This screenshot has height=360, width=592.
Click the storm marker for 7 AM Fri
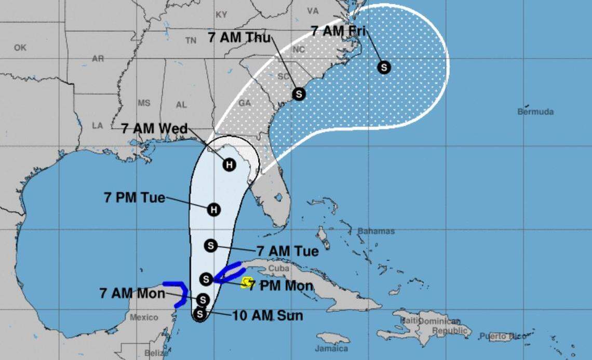click(x=384, y=67)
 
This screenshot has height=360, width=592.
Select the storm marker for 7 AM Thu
click(x=299, y=94)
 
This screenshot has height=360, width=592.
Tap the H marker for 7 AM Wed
click(x=228, y=165)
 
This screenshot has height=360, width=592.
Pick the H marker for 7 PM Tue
click(x=213, y=210)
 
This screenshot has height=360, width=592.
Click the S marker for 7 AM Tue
click(x=210, y=246)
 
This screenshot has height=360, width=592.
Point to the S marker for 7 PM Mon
click(x=206, y=279)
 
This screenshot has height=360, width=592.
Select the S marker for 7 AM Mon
click(x=203, y=300)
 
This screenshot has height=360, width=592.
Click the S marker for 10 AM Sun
click(x=199, y=313)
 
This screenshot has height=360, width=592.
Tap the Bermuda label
click(x=535, y=112)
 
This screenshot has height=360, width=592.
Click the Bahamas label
click(x=375, y=231)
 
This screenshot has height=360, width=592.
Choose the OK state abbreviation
click(x=20, y=48)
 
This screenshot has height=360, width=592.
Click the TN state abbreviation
click(x=191, y=41)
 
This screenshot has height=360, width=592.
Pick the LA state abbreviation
click(x=98, y=125)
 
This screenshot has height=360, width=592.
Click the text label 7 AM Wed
click(x=154, y=128)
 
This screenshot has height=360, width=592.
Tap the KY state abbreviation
click(x=221, y=15)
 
